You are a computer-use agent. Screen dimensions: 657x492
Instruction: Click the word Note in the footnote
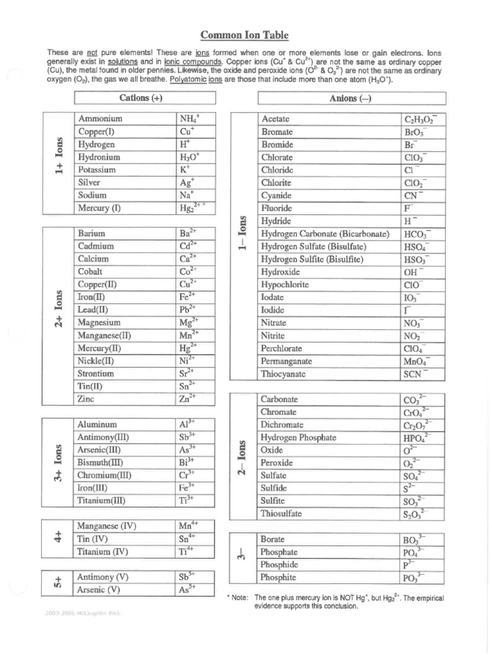coord(240,597)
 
